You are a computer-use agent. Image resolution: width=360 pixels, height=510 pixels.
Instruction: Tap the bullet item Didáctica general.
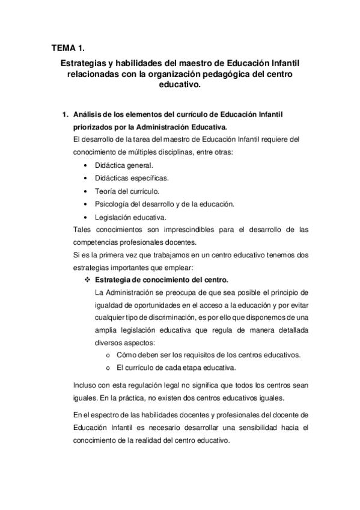point(123,164)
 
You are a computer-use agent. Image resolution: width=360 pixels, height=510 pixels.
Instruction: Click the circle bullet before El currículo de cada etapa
point(106,367)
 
